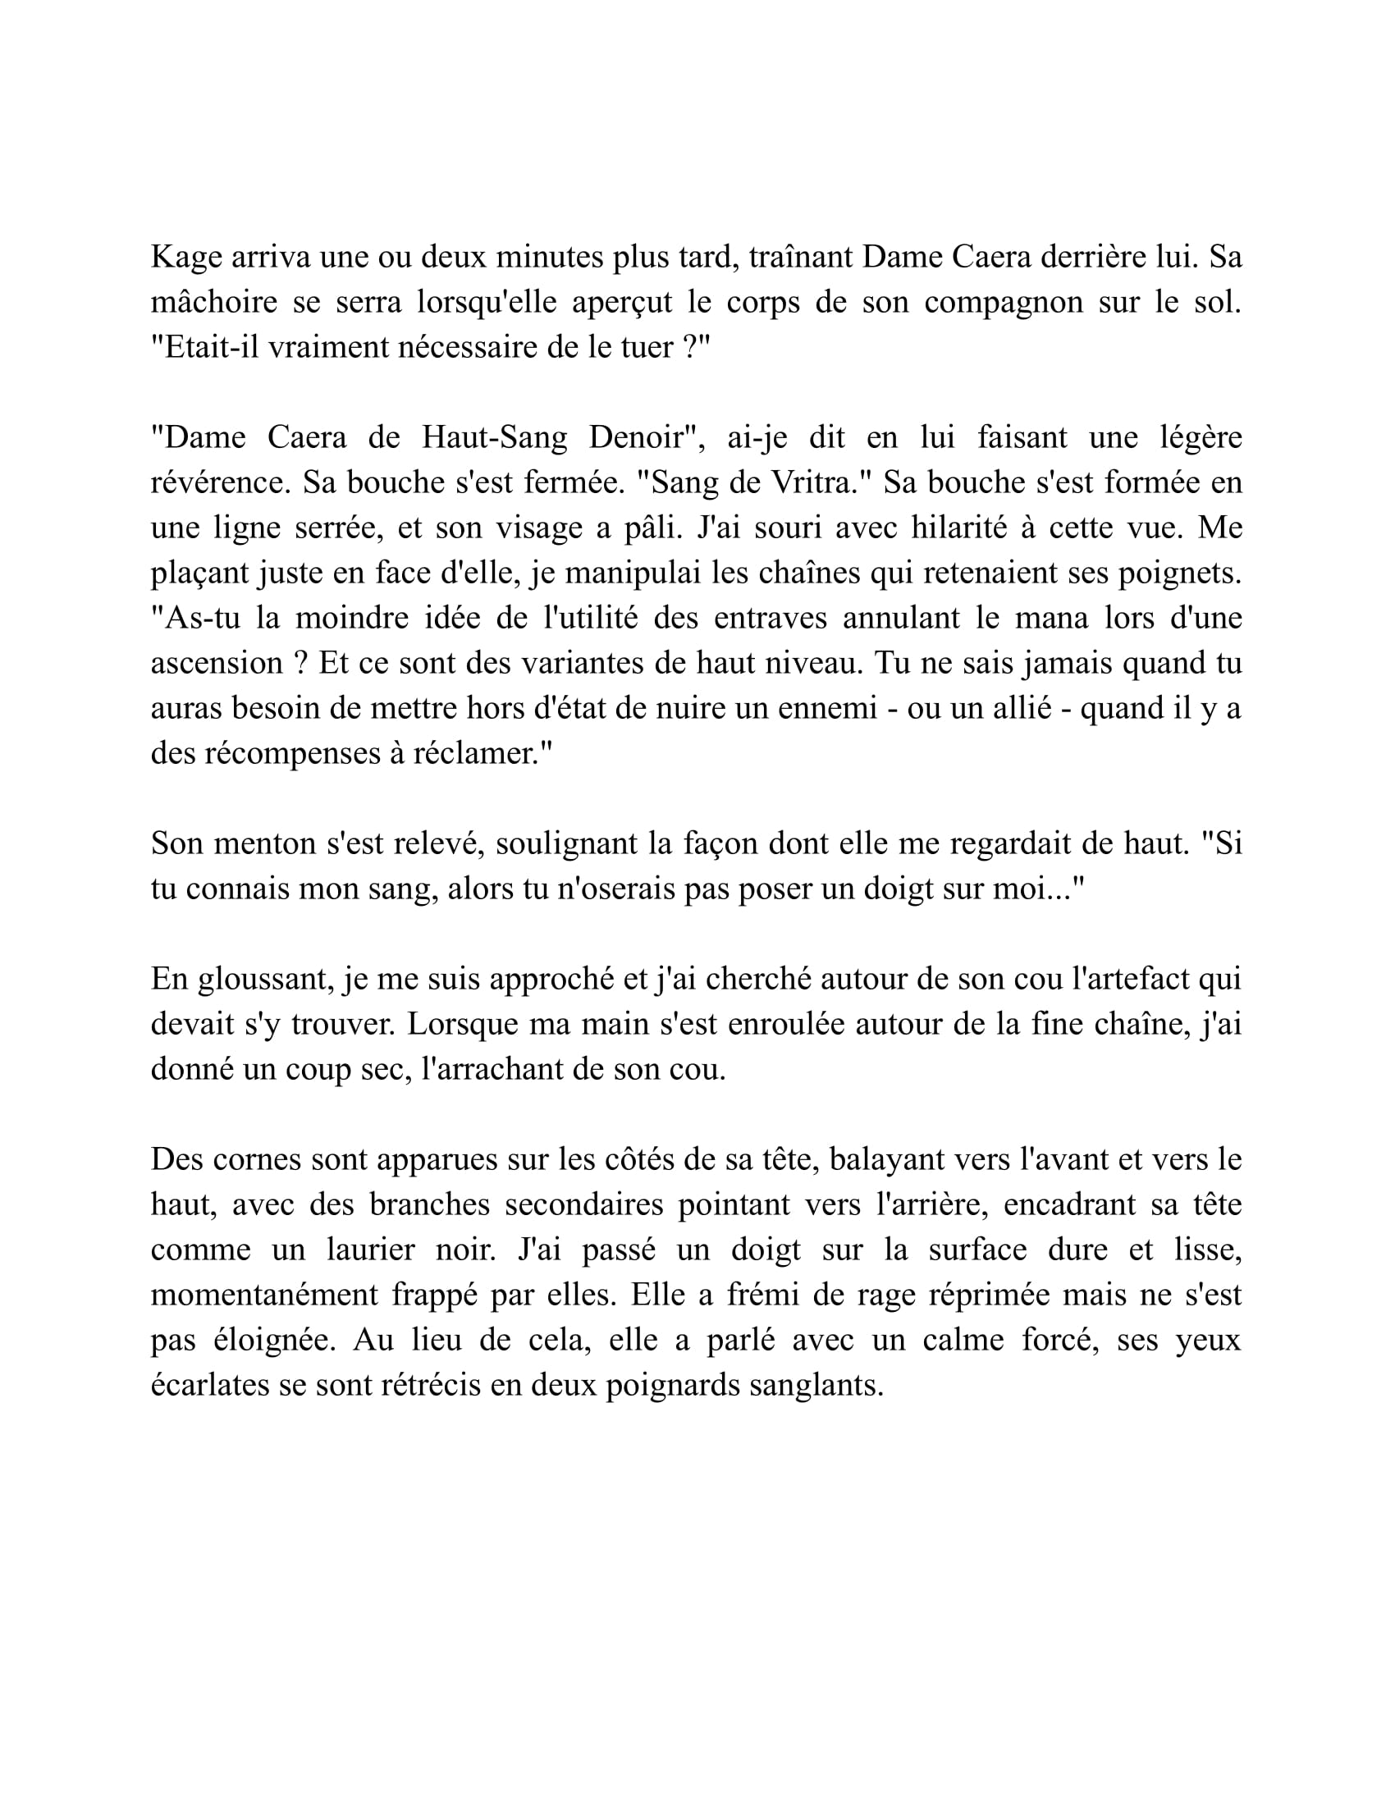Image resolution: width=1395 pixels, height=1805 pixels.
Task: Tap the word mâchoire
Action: point(213,303)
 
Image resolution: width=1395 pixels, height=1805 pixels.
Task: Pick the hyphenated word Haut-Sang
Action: point(494,437)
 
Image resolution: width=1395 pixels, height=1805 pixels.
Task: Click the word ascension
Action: point(217,663)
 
